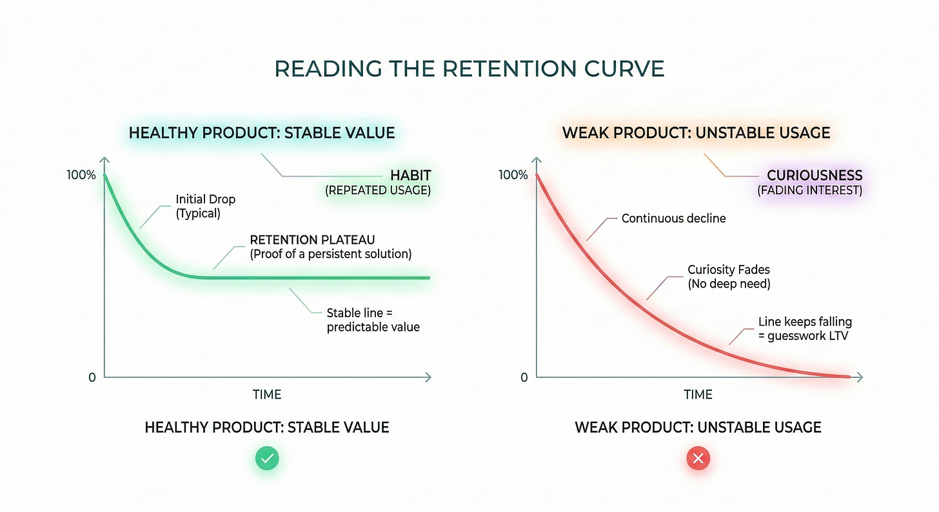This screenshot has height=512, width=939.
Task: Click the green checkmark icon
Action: (x=267, y=459)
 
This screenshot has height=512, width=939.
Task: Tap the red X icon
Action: (x=698, y=459)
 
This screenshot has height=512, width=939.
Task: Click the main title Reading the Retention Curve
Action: (x=469, y=69)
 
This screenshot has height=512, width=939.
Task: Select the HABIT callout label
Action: (x=410, y=175)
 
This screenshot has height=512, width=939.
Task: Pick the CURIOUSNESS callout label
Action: (x=814, y=175)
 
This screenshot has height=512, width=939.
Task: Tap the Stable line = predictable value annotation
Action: (x=373, y=320)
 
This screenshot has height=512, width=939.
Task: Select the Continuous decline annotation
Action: (x=673, y=219)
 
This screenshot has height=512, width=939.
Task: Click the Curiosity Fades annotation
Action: (x=729, y=277)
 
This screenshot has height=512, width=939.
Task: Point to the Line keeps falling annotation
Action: (x=805, y=328)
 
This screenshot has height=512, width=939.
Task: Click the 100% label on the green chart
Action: (x=81, y=175)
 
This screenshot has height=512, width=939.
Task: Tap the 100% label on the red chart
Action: (x=513, y=175)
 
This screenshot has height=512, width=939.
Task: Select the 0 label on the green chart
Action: (x=92, y=377)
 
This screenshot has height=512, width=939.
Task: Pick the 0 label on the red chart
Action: (x=524, y=377)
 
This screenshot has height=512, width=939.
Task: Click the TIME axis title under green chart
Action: (x=267, y=395)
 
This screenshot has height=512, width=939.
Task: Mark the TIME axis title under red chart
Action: (x=698, y=395)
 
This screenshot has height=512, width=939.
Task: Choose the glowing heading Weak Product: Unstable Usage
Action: (x=696, y=133)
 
